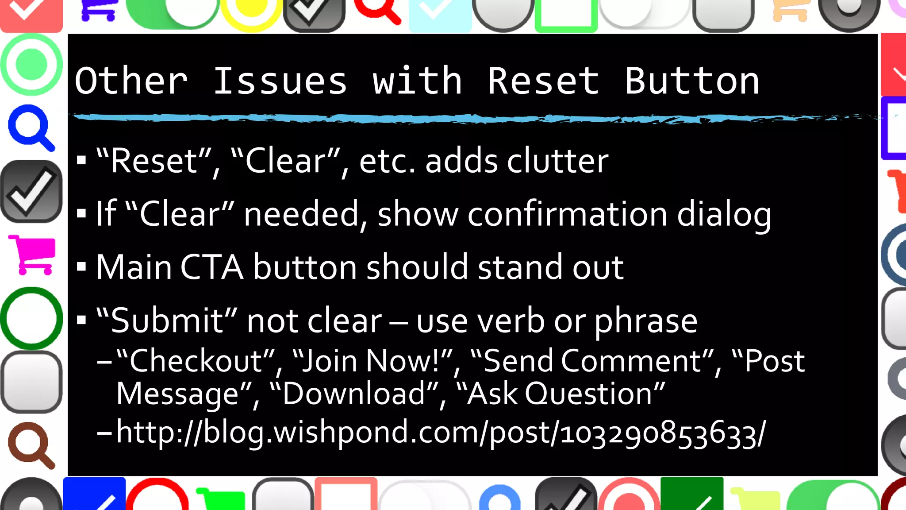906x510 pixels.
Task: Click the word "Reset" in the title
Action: [x=543, y=81]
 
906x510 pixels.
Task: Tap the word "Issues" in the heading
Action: [x=280, y=81]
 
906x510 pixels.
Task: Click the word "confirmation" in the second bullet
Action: [x=567, y=215]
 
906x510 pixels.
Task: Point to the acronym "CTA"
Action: [x=211, y=267]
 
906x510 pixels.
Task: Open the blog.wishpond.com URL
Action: [x=441, y=433]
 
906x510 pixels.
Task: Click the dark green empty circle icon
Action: [x=31, y=318]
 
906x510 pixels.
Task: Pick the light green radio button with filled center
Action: [x=31, y=65]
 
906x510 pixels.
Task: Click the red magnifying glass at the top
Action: [x=377, y=11]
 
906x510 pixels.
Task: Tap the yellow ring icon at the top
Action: [x=251, y=11]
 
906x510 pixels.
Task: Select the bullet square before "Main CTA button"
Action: [x=81, y=267]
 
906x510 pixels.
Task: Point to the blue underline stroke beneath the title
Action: [x=442, y=118]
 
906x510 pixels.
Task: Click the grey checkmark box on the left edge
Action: [x=31, y=191]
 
